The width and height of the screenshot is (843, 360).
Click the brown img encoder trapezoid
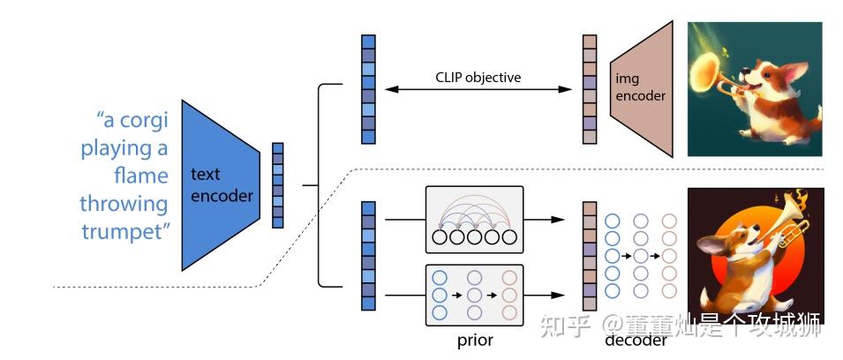[x=637, y=88]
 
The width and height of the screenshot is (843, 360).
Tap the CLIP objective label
[x=478, y=78]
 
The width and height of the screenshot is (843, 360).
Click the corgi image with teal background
[x=755, y=89]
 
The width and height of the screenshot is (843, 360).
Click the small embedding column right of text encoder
[x=278, y=185]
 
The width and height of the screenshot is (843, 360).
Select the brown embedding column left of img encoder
[x=590, y=89]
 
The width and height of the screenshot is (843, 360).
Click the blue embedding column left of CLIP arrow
[x=368, y=89]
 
